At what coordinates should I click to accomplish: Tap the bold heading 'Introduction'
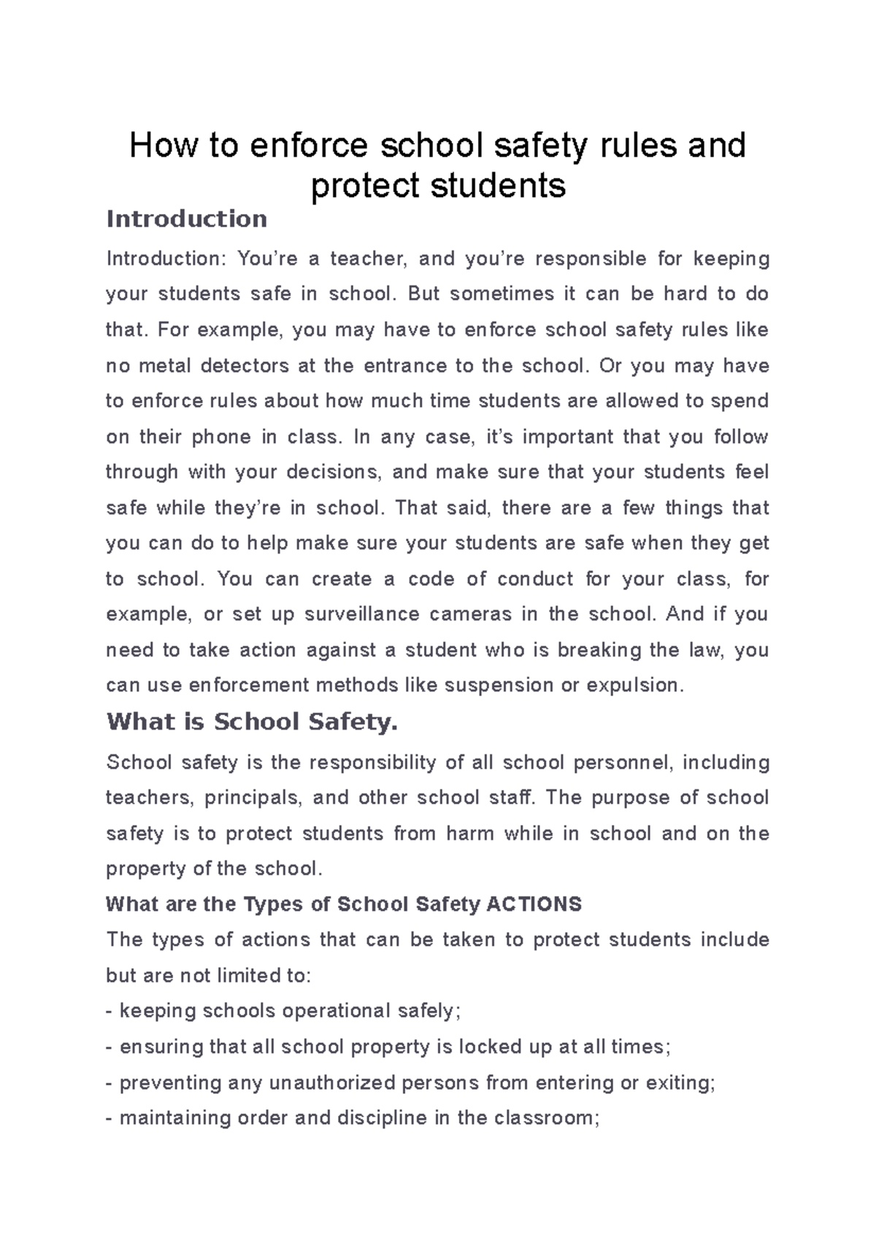point(187,219)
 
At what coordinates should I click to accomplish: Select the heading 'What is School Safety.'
point(252,722)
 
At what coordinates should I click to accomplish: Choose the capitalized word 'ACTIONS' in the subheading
point(534,905)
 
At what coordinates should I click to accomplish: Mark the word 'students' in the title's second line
point(499,185)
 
